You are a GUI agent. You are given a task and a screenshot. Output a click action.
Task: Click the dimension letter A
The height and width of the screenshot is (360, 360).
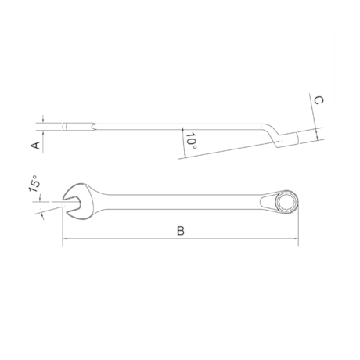pos(34,146)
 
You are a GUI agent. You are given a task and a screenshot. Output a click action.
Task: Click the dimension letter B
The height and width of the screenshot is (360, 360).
pos(180,231)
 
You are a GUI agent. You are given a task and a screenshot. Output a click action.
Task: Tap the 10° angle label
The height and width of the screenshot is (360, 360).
pos(192,141)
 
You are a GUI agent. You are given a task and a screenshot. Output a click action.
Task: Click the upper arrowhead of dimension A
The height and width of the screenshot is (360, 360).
pos(40,122)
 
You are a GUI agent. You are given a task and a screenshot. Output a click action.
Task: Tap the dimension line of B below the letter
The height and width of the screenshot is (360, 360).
pos(180,241)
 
